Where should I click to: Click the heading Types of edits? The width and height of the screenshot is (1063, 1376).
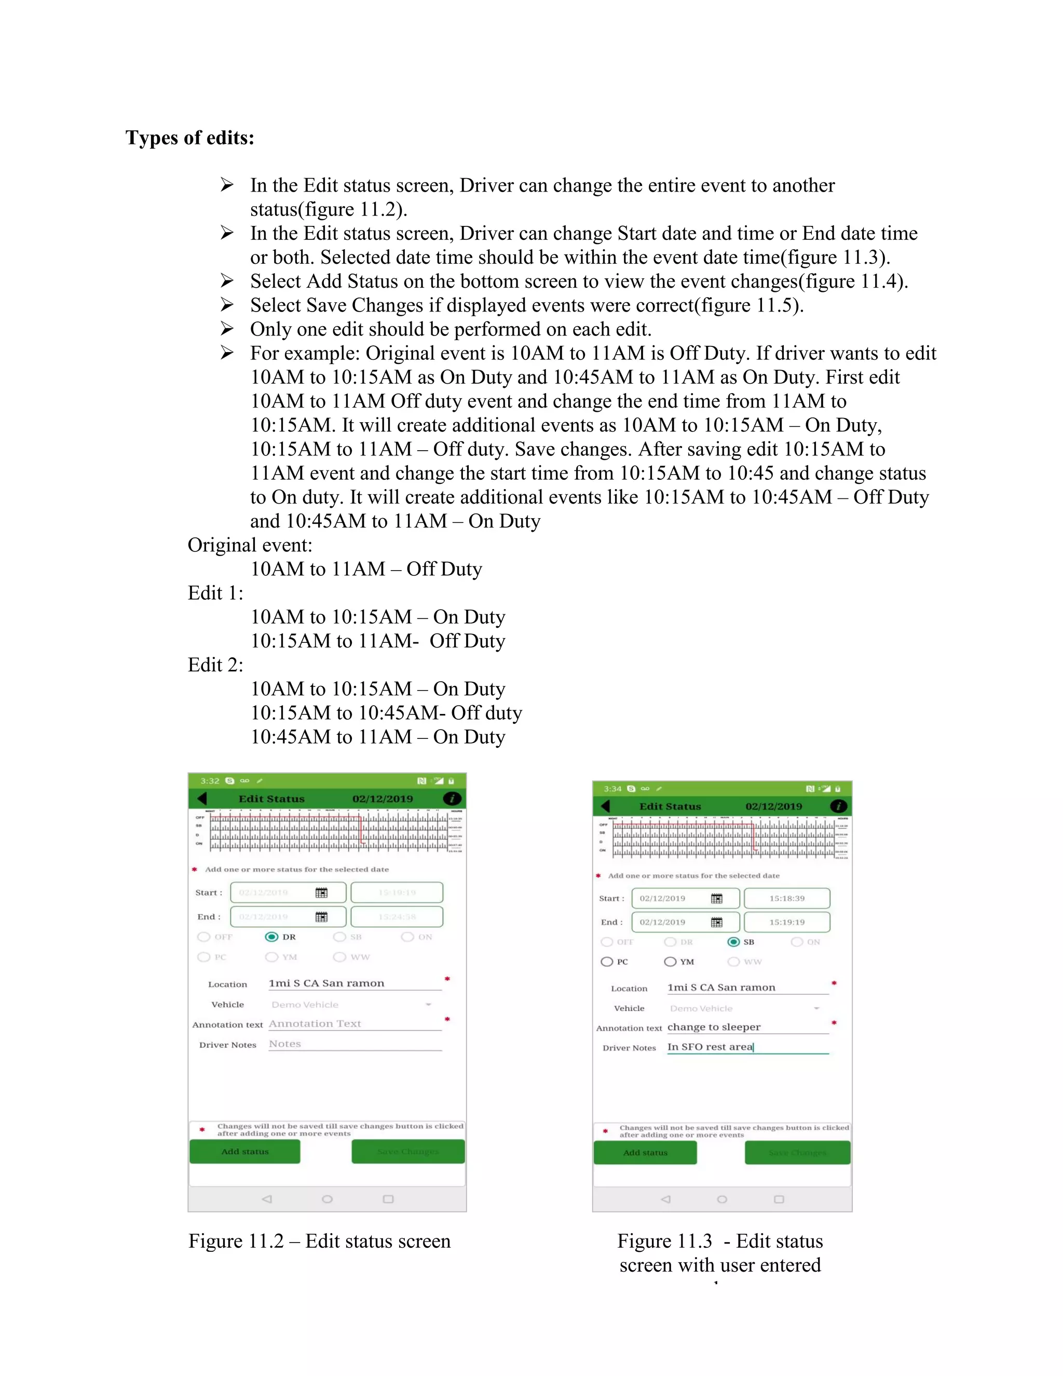[189, 138]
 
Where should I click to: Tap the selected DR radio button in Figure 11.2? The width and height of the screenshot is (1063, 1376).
[271, 937]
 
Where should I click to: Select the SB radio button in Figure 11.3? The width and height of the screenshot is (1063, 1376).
[733, 942]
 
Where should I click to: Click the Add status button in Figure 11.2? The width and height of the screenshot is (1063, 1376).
[245, 1151]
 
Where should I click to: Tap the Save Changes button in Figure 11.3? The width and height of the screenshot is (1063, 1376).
[797, 1152]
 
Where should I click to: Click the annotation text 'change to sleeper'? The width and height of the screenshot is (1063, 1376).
[714, 1027]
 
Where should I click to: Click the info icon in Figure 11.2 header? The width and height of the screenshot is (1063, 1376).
[452, 798]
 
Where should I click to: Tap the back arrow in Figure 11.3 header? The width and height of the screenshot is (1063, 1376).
[606, 806]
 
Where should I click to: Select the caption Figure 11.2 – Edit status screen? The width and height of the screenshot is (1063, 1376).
[319, 1240]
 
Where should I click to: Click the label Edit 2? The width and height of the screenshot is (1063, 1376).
[215, 665]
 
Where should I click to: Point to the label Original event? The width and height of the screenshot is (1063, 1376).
[250, 545]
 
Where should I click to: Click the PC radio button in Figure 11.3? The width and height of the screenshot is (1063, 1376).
[607, 962]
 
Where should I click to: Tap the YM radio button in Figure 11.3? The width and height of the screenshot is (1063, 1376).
[670, 962]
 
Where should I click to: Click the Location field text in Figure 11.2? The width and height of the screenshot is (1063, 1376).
[326, 983]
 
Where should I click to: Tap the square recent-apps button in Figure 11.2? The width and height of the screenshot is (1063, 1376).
[388, 1199]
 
